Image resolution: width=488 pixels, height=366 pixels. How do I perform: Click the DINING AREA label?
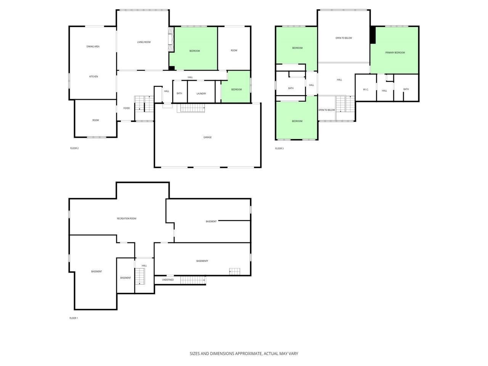93,47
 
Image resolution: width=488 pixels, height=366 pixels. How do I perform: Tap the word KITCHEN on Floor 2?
93,77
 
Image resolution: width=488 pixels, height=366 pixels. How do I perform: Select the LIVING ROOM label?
144,42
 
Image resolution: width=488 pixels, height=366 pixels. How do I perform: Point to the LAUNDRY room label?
201,93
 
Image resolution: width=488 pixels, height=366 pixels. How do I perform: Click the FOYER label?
126,108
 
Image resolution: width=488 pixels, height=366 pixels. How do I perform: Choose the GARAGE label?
207,137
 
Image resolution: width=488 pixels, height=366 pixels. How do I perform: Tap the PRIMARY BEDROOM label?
395,53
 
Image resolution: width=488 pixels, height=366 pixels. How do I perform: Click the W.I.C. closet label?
366,90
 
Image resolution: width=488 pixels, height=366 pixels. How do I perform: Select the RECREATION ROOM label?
127,218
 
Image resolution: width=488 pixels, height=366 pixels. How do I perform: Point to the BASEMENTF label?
202,261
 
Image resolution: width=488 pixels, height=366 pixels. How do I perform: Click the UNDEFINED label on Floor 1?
168,280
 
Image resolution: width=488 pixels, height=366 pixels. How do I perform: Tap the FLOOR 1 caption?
74,318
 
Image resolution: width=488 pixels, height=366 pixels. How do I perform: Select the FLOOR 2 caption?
74,148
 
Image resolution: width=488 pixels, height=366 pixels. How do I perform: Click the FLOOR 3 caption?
279,148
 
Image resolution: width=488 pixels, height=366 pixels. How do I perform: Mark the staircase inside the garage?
193,108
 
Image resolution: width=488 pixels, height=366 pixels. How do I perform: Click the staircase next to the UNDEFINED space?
193,280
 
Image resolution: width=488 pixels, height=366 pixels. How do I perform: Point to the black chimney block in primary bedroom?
373,35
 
